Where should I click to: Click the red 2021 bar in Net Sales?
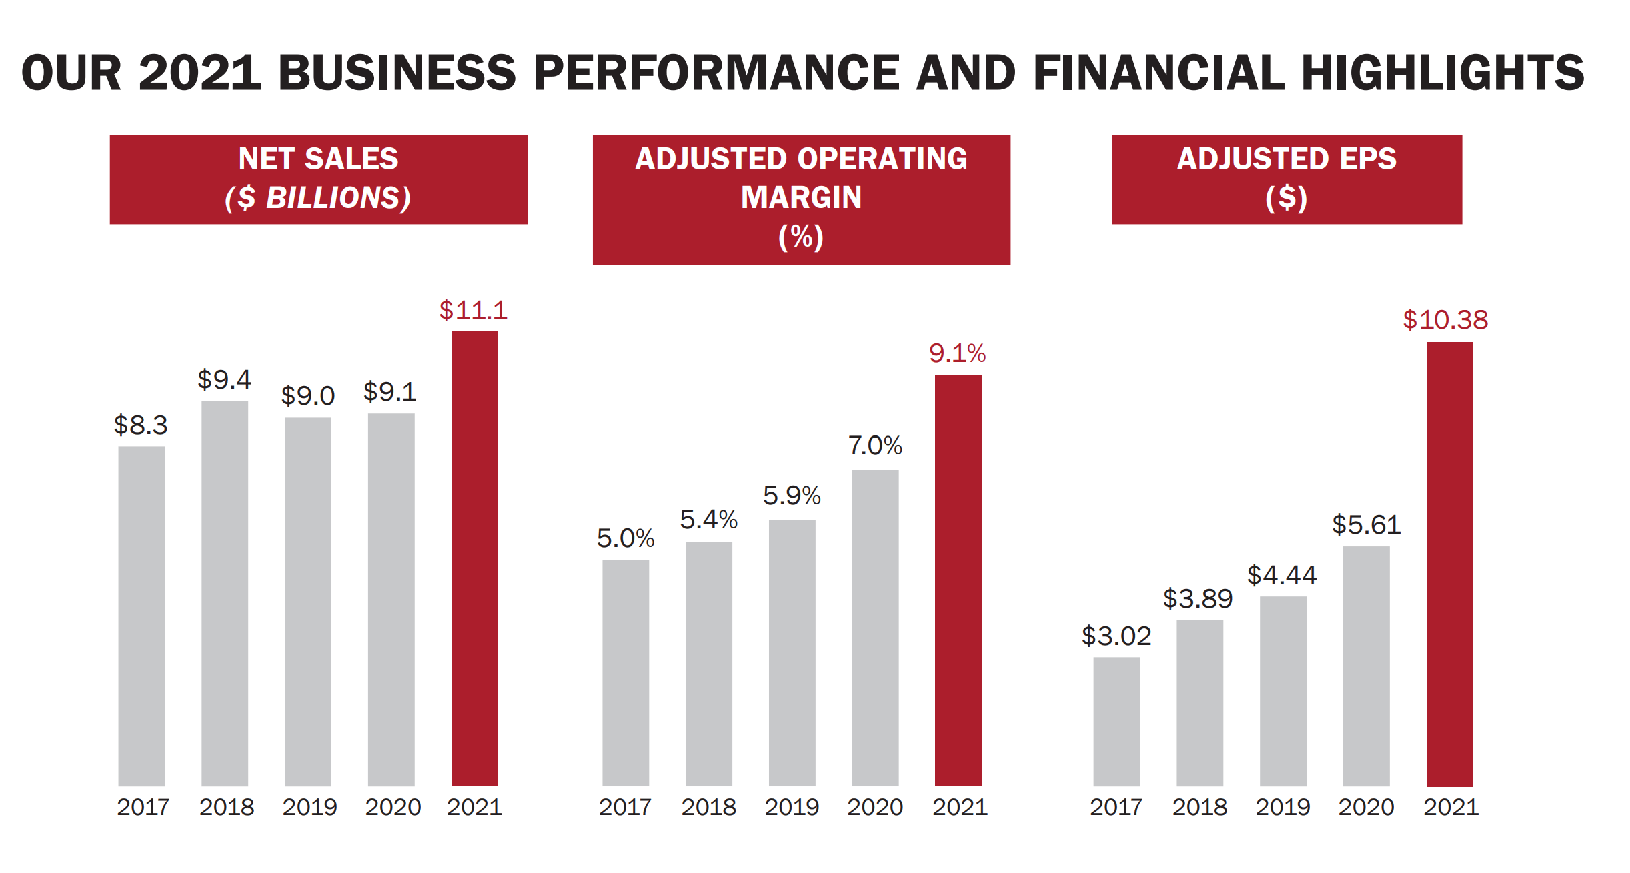(474, 558)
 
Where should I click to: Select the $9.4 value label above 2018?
(224, 379)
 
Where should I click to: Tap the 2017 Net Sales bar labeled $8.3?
(141, 616)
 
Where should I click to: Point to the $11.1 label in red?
(473, 311)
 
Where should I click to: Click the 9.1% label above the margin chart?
(957, 353)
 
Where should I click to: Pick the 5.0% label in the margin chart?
(625, 538)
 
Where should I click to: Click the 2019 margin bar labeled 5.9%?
(792, 652)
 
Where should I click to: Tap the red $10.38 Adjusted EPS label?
(1445, 320)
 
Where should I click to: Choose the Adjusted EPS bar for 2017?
(1116, 722)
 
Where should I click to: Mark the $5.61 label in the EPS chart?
(1366, 525)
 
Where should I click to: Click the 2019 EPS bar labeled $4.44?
(1283, 691)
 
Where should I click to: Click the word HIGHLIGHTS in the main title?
(1442, 73)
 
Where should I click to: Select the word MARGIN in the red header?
(801, 198)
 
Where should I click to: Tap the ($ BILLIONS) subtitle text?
(318, 198)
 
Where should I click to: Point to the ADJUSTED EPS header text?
(1286, 159)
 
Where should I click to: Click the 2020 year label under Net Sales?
(393, 807)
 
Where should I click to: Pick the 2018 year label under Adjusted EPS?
(1199, 807)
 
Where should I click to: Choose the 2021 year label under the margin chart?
(959, 807)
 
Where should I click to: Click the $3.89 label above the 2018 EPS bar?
(1198, 599)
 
